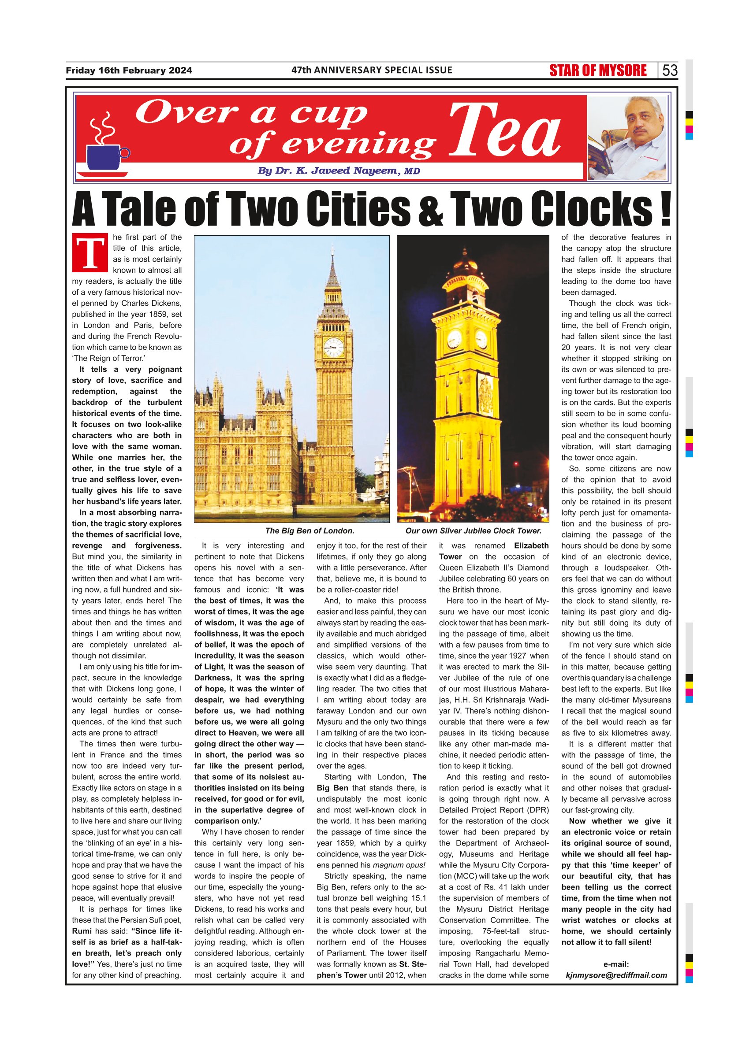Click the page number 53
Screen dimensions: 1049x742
pos(670,70)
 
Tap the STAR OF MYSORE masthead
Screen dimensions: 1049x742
pos(598,70)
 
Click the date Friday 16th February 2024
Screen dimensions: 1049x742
pos(129,70)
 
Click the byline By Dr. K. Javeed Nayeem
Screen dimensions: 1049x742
pos(338,171)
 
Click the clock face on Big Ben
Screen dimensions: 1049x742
pos(333,348)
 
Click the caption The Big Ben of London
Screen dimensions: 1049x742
pos(310,531)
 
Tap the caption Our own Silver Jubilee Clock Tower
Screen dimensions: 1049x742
pos(473,531)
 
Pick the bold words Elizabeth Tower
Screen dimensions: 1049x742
pos(494,551)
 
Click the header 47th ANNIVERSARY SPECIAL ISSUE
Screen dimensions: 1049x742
pos(372,70)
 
